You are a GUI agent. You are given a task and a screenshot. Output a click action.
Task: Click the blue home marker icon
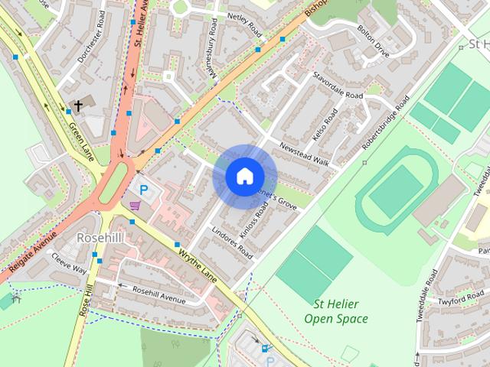[243, 176]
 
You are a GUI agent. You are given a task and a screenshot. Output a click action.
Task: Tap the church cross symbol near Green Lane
[77, 106]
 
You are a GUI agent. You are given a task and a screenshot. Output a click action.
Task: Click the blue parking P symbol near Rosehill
[142, 188]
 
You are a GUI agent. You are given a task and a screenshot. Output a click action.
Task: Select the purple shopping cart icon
[135, 205]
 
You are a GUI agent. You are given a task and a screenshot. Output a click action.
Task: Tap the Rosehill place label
[100, 238]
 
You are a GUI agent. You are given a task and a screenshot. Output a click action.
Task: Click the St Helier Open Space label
[335, 312]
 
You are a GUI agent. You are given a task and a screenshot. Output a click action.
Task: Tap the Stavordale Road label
[338, 86]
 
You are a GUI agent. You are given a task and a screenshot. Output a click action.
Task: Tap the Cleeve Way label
[69, 265]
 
